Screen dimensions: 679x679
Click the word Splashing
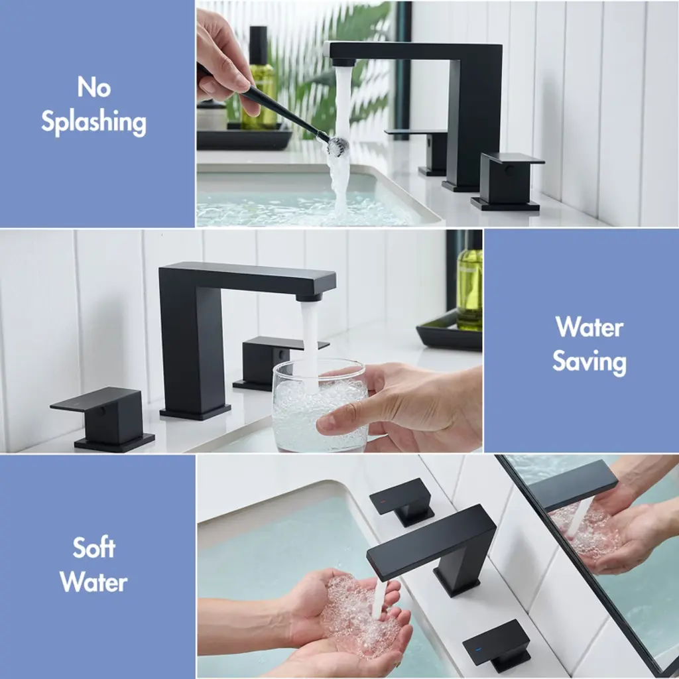pyautogui.click(x=93, y=122)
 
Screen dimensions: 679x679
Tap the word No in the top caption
pyautogui.click(x=94, y=88)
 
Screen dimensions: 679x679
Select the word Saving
pyautogui.click(x=589, y=363)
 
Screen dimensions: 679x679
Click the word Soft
pyautogui.click(x=94, y=548)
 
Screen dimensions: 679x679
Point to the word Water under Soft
pyautogui.click(x=93, y=582)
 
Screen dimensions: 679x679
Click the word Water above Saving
pyautogui.click(x=589, y=327)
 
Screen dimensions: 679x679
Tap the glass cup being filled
pyautogui.click(x=320, y=405)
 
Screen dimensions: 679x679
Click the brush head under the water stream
pyautogui.click(x=337, y=146)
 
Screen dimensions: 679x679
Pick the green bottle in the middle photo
pyautogui.click(x=469, y=284)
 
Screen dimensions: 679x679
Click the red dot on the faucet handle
pyautogui.click(x=383, y=503)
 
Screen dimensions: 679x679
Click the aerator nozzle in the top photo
pyautogui.click(x=343, y=62)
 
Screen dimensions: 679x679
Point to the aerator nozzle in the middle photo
pyautogui.click(x=309, y=297)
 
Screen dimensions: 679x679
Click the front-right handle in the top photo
pyautogui.click(x=507, y=180)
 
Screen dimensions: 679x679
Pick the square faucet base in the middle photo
pyautogui.click(x=196, y=412)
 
